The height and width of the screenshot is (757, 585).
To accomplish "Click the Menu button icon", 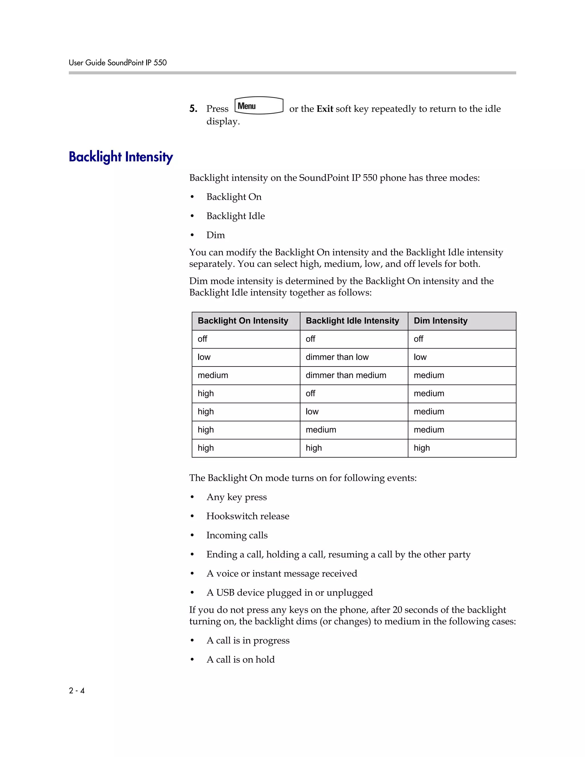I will click(259, 106).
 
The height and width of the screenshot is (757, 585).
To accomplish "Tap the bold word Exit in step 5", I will click(325, 109).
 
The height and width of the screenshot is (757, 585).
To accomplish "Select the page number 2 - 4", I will click(77, 690).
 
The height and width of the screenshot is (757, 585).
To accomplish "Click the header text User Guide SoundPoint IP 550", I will click(117, 63).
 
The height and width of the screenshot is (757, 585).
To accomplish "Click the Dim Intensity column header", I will click(440, 321).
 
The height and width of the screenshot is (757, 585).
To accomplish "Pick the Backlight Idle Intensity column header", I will click(352, 321).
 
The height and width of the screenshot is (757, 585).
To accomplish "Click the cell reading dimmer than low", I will click(337, 357).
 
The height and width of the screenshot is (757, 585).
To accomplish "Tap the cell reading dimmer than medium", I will click(346, 375).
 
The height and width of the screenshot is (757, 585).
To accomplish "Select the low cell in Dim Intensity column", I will click(420, 357).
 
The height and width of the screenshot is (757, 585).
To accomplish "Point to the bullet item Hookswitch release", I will click(247, 516).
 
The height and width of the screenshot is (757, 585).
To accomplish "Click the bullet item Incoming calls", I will click(237, 535).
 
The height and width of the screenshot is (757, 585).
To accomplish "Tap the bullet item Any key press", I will click(236, 497).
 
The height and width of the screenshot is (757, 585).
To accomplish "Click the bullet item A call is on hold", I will click(240, 659).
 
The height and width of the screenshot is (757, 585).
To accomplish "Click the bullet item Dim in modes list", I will click(216, 235).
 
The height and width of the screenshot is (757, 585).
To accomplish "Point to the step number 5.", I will click(193, 109).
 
